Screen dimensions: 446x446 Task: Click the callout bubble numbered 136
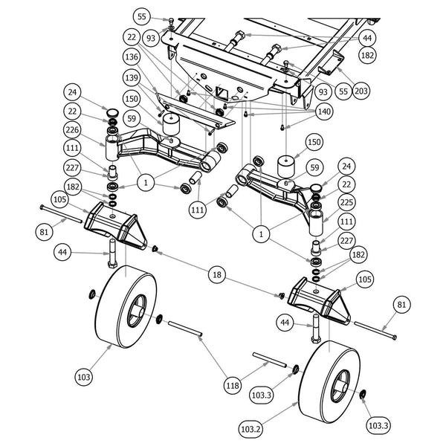point(132,57)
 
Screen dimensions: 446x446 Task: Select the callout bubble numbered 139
point(132,77)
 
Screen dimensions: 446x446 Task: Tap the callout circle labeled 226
point(72,130)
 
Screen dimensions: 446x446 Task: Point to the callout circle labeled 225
point(346,202)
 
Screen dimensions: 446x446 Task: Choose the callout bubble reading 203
point(361,91)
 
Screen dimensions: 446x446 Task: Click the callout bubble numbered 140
point(324,111)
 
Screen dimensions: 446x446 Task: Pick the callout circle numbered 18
point(217,274)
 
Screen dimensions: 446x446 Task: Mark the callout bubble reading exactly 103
point(83,377)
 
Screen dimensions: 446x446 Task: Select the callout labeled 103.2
point(251,429)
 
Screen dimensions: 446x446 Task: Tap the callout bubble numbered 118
point(233,386)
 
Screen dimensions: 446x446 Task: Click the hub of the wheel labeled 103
point(138,311)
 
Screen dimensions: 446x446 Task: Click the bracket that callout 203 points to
point(331,63)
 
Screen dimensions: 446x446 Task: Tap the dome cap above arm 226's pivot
point(113,112)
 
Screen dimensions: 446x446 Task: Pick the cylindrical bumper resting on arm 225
point(286,166)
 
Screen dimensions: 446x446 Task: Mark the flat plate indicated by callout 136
point(195,111)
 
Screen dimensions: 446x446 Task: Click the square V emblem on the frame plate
point(221,92)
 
